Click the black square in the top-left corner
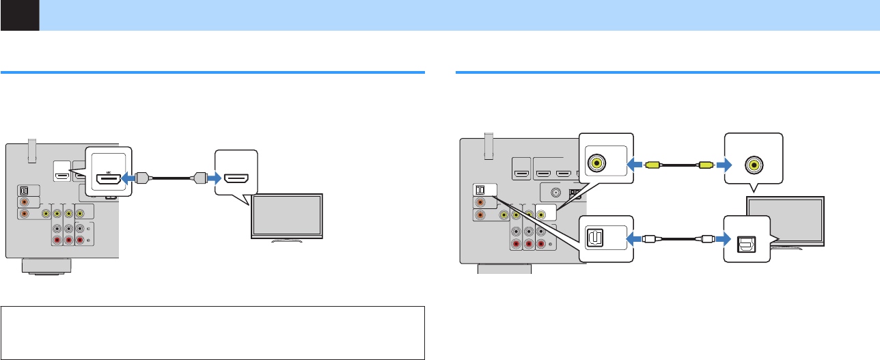[x=19, y=15]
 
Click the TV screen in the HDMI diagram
[x=287, y=217]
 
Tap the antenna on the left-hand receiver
[x=32, y=150]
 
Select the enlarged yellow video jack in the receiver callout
[x=597, y=164]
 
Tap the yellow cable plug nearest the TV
[x=704, y=164]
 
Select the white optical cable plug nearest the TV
[x=703, y=240]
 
